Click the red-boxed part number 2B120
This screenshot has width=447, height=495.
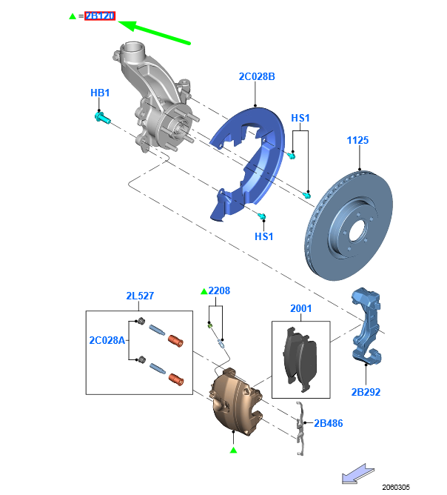[x=99, y=16]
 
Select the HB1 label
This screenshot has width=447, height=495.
[x=100, y=93]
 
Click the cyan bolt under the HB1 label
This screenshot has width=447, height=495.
[x=101, y=117]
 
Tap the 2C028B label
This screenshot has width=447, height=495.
[x=257, y=76]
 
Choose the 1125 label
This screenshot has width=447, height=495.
[x=357, y=140]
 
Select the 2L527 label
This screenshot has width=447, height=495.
[x=139, y=296]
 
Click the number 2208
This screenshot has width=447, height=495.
[x=219, y=291]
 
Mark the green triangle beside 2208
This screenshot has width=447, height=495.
[x=204, y=292]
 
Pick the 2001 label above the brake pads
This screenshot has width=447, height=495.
[x=300, y=308]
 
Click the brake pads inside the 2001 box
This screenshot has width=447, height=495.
[x=300, y=360]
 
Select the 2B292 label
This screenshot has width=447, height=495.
[x=366, y=392]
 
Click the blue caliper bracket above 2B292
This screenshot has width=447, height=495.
[x=367, y=326]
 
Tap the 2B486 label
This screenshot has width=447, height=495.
[x=329, y=423]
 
